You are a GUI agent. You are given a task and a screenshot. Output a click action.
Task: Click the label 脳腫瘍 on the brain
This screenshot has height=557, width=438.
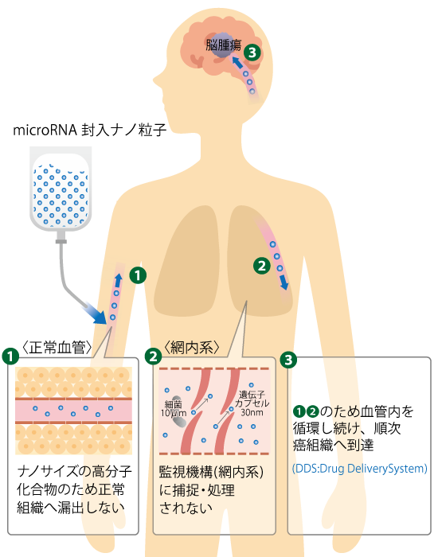224,45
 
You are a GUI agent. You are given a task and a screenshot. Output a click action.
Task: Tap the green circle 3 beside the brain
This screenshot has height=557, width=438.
252,53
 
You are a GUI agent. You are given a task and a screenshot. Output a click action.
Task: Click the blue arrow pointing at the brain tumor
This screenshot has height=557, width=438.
237,63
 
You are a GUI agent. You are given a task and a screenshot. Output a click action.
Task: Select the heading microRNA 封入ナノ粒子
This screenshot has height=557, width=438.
89,130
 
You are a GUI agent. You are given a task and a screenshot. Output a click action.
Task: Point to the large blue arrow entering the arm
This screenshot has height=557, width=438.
94,314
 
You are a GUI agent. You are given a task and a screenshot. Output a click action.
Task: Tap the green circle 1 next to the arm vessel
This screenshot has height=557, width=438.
138,275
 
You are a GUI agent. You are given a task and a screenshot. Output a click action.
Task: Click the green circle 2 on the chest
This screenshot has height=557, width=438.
262,266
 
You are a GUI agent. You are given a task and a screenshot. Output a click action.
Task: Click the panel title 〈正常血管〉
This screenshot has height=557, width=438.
57,348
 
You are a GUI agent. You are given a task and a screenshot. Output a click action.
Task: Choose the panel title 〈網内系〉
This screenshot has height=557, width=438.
192,348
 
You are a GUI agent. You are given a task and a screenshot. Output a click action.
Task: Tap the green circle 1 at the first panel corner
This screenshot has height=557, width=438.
10,356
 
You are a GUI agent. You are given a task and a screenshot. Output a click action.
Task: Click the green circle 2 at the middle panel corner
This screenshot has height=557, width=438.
153,356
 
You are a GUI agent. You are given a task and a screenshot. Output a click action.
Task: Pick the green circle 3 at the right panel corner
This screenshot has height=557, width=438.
288,360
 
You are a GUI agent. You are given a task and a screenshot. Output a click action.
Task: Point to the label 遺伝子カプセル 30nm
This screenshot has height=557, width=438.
252,403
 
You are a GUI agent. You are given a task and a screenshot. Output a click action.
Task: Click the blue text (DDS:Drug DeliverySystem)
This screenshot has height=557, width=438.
359,468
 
